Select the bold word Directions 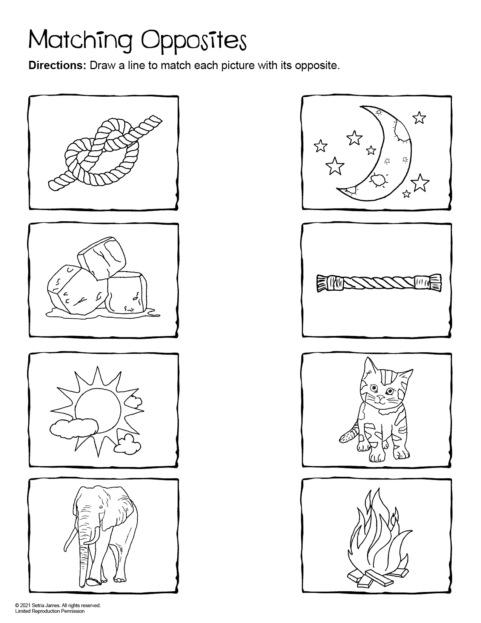(58, 66)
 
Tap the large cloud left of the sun (74, 427)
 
